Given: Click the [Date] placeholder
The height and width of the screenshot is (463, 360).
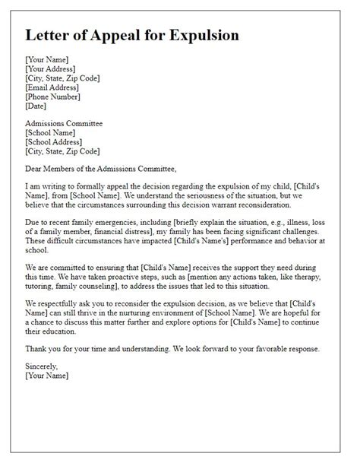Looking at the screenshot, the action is [x=36, y=105].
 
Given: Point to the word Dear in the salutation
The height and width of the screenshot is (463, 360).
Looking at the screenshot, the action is [x=36, y=169].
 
